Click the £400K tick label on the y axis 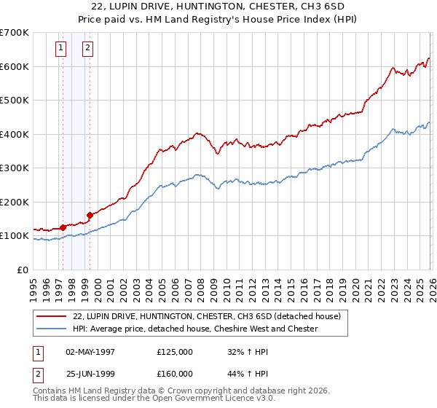[14, 134]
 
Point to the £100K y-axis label [14, 236]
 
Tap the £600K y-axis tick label [14, 66]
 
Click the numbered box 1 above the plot [61, 49]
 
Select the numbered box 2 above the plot [87, 49]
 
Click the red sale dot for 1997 [63, 227]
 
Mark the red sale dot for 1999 [90, 215]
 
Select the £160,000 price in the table [175, 374]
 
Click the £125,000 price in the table [175, 352]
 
